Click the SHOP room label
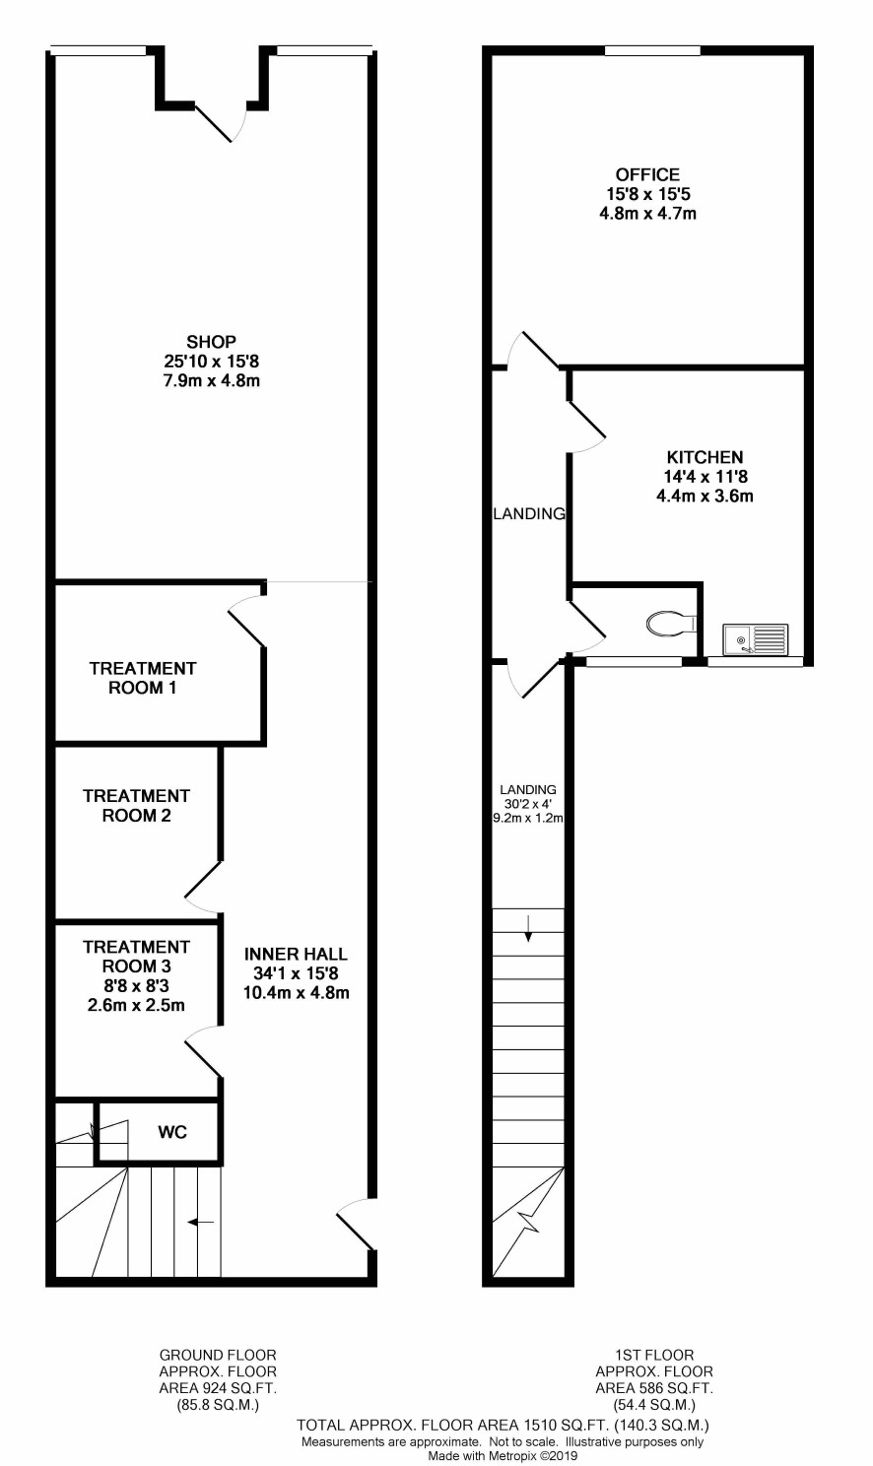tap(211, 342)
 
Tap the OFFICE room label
tap(647, 174)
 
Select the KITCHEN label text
tap(705, 457)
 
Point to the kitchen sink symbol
tap(756, 638)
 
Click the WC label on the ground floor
tap(172, 1132)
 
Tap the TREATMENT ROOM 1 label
tap(143, 678)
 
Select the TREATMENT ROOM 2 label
tap(136, 806)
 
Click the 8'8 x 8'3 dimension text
tap(136, 985)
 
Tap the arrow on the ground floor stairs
tap(200, 1222)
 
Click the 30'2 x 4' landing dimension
tap(527, 804)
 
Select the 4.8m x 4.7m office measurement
tap(647, 214)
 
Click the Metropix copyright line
tap(503, 1455)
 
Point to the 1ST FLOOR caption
tap(654, 1355)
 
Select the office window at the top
tap(652, 50)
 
